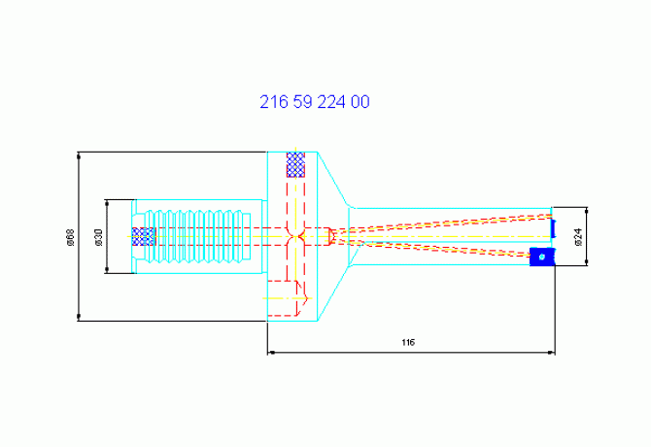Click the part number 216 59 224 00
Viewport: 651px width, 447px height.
pos(314,102)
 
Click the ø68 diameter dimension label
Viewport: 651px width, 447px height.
pos(71,237)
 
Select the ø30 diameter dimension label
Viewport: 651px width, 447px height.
pos(98,237)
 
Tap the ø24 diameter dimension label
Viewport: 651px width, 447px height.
pos(578,236)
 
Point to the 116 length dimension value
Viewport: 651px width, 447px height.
pos(408,342)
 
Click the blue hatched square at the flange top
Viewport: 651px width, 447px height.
pos(295,165)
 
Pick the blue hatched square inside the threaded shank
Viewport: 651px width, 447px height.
pos(144,236)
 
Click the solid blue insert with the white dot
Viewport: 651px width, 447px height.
pos(542,257)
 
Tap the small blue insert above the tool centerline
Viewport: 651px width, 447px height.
pos(553,228)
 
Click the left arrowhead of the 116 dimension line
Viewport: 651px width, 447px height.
pos(271,353)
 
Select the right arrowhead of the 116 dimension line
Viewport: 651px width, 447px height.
pos(551,353)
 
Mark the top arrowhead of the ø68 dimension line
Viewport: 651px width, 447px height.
pos(79,155)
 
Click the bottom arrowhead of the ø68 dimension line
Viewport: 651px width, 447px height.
pos(79,317)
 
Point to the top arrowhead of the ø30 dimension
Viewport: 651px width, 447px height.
pos(107,203)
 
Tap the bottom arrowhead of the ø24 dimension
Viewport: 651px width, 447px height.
pos(586,261)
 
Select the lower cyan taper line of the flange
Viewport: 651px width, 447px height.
pos(333,293)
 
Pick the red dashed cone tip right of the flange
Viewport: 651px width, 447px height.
pos(331,236)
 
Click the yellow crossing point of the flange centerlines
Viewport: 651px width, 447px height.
pos(295,236)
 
